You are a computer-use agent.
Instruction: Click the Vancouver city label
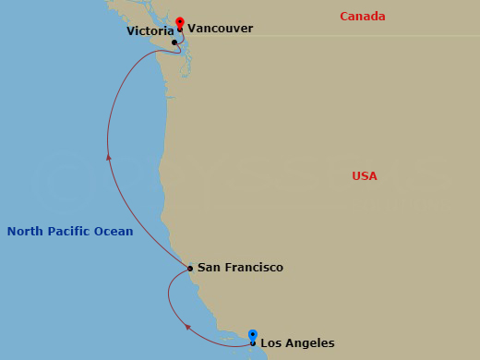pyautogui.click(x=220, y=29)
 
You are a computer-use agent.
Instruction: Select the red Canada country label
pyautogui.click(x=363, y=17)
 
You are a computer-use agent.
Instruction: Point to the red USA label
pyautogui.click(x=365, y=176)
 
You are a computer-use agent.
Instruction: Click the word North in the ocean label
pyautogui.click(x=24, y=232)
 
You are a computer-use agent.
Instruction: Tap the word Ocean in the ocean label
pyautogui.click(x=114, y=232)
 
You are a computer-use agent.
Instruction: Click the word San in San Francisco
pyautogui.click(x=209, y=268)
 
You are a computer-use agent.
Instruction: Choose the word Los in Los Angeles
pyautogui.click(x=271, y=343)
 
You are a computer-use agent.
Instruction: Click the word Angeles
pyautogui.click(x=311, y=343)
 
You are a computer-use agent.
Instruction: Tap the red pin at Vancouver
pyautogui.click(x=180, y=22)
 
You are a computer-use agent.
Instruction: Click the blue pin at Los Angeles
pyautogui.click(x=253, y=335)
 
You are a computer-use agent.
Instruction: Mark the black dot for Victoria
pyautogui.click(x=174, y=42)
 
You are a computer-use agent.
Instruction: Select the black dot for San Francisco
pyautogui.click(x=190, y=269)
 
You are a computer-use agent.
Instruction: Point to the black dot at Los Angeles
pyautogui.click(x=253, y=343)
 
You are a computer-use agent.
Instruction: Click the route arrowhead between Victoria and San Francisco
pyautogui.click(x=109, y=158)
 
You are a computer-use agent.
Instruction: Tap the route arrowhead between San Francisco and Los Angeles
pyautogui.click(x=187, y=326)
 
